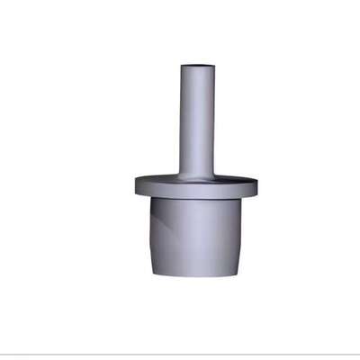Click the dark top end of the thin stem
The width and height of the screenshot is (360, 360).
[x=197, y=66]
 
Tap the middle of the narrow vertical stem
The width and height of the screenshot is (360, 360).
[x=197, y=121]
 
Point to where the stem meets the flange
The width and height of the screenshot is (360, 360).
[x=197, y=175]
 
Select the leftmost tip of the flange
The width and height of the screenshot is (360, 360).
[x=136, y=186]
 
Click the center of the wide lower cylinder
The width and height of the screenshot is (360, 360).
[x=195, y=236]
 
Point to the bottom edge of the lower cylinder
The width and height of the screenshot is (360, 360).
[x=195, y=275]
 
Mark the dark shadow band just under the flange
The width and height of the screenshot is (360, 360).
[x=195, y=202]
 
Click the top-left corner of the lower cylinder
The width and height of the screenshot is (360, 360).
[x=150, y=200]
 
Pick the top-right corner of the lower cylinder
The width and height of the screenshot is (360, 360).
[x=241, y=200]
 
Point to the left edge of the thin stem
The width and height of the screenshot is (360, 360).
[x=181, y=121]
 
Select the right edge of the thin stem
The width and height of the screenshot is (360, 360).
[x=214, y=121]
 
